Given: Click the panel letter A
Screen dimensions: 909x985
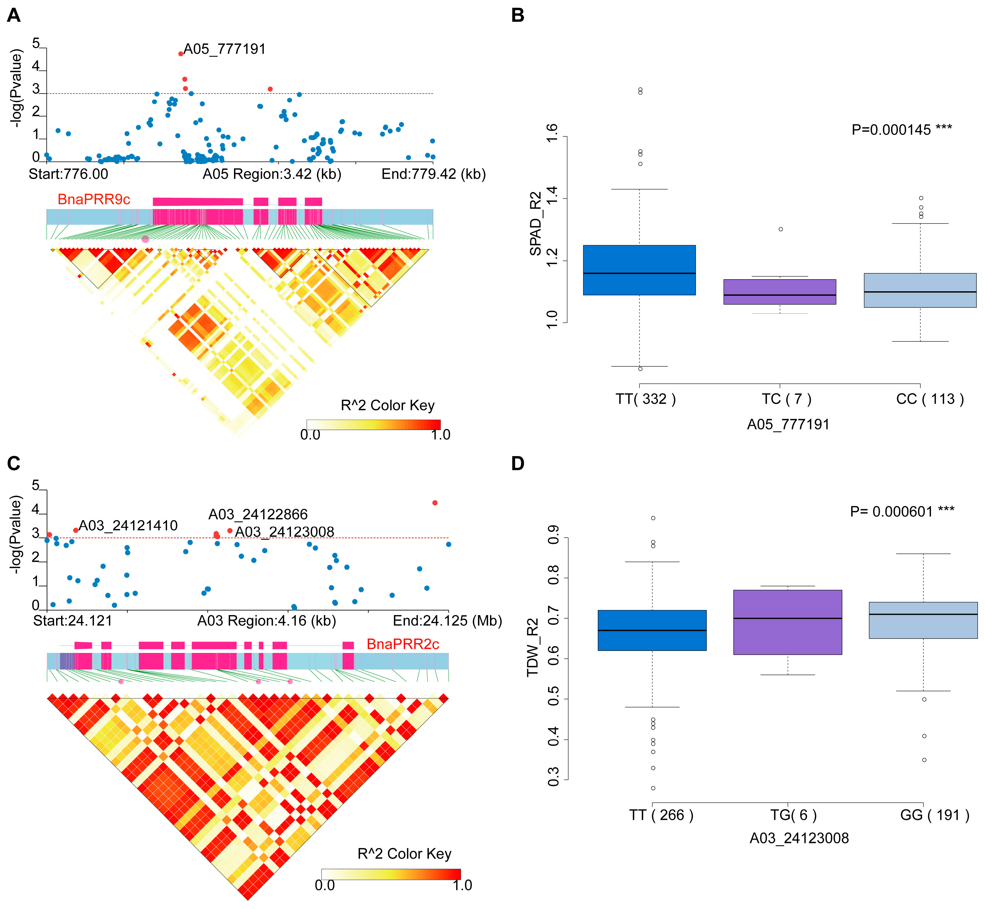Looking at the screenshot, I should (x=14, y=16).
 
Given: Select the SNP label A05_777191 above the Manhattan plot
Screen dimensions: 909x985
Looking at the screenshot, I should (x=225, y=49).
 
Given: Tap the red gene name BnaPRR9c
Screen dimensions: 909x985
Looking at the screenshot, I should (x=94, y=199).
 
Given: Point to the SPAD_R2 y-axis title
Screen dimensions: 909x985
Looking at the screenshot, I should (x=536, y=224).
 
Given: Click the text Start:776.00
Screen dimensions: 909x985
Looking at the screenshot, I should (x=68, y=174).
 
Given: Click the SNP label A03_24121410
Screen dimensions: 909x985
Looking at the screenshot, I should (x=128, y=526).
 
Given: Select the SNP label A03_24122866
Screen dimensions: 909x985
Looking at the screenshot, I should (x=258, y=514).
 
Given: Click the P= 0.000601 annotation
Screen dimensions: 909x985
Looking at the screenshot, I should (x=902, y=512).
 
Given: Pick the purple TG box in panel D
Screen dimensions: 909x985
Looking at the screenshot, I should (x=787, y=622).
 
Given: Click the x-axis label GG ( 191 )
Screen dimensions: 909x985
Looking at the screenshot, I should (x=934, y=815).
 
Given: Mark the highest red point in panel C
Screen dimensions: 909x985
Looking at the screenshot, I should (x=435, y=503).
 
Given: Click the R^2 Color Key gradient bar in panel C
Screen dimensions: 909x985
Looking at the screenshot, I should (x=391, y=874).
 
